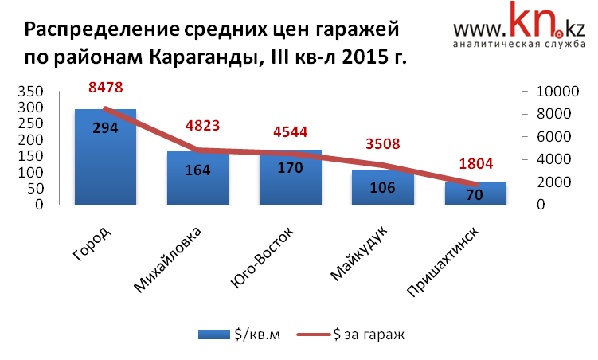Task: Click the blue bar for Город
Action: pyautogui.click(x=105, y=159)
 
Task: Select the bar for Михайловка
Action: pyautogui.click(x=197, y=179)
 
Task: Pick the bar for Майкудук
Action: pyautogui.click(x=383, y=189)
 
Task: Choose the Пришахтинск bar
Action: pyautogui.click(x=475, y=194)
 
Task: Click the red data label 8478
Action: pyautogui.click(x=106, y=88)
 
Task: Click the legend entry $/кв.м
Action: pyautogui.click(x=238, y=335)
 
